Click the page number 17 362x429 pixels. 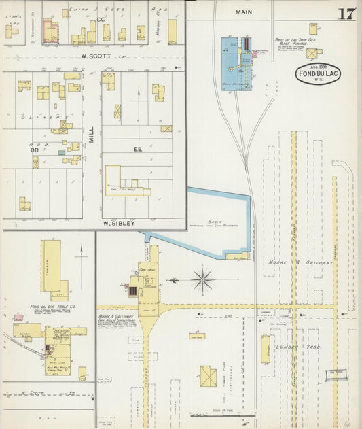346,13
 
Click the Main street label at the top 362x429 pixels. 243,12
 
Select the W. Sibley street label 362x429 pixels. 120,222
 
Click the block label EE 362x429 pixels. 137,148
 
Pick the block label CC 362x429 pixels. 101,20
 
